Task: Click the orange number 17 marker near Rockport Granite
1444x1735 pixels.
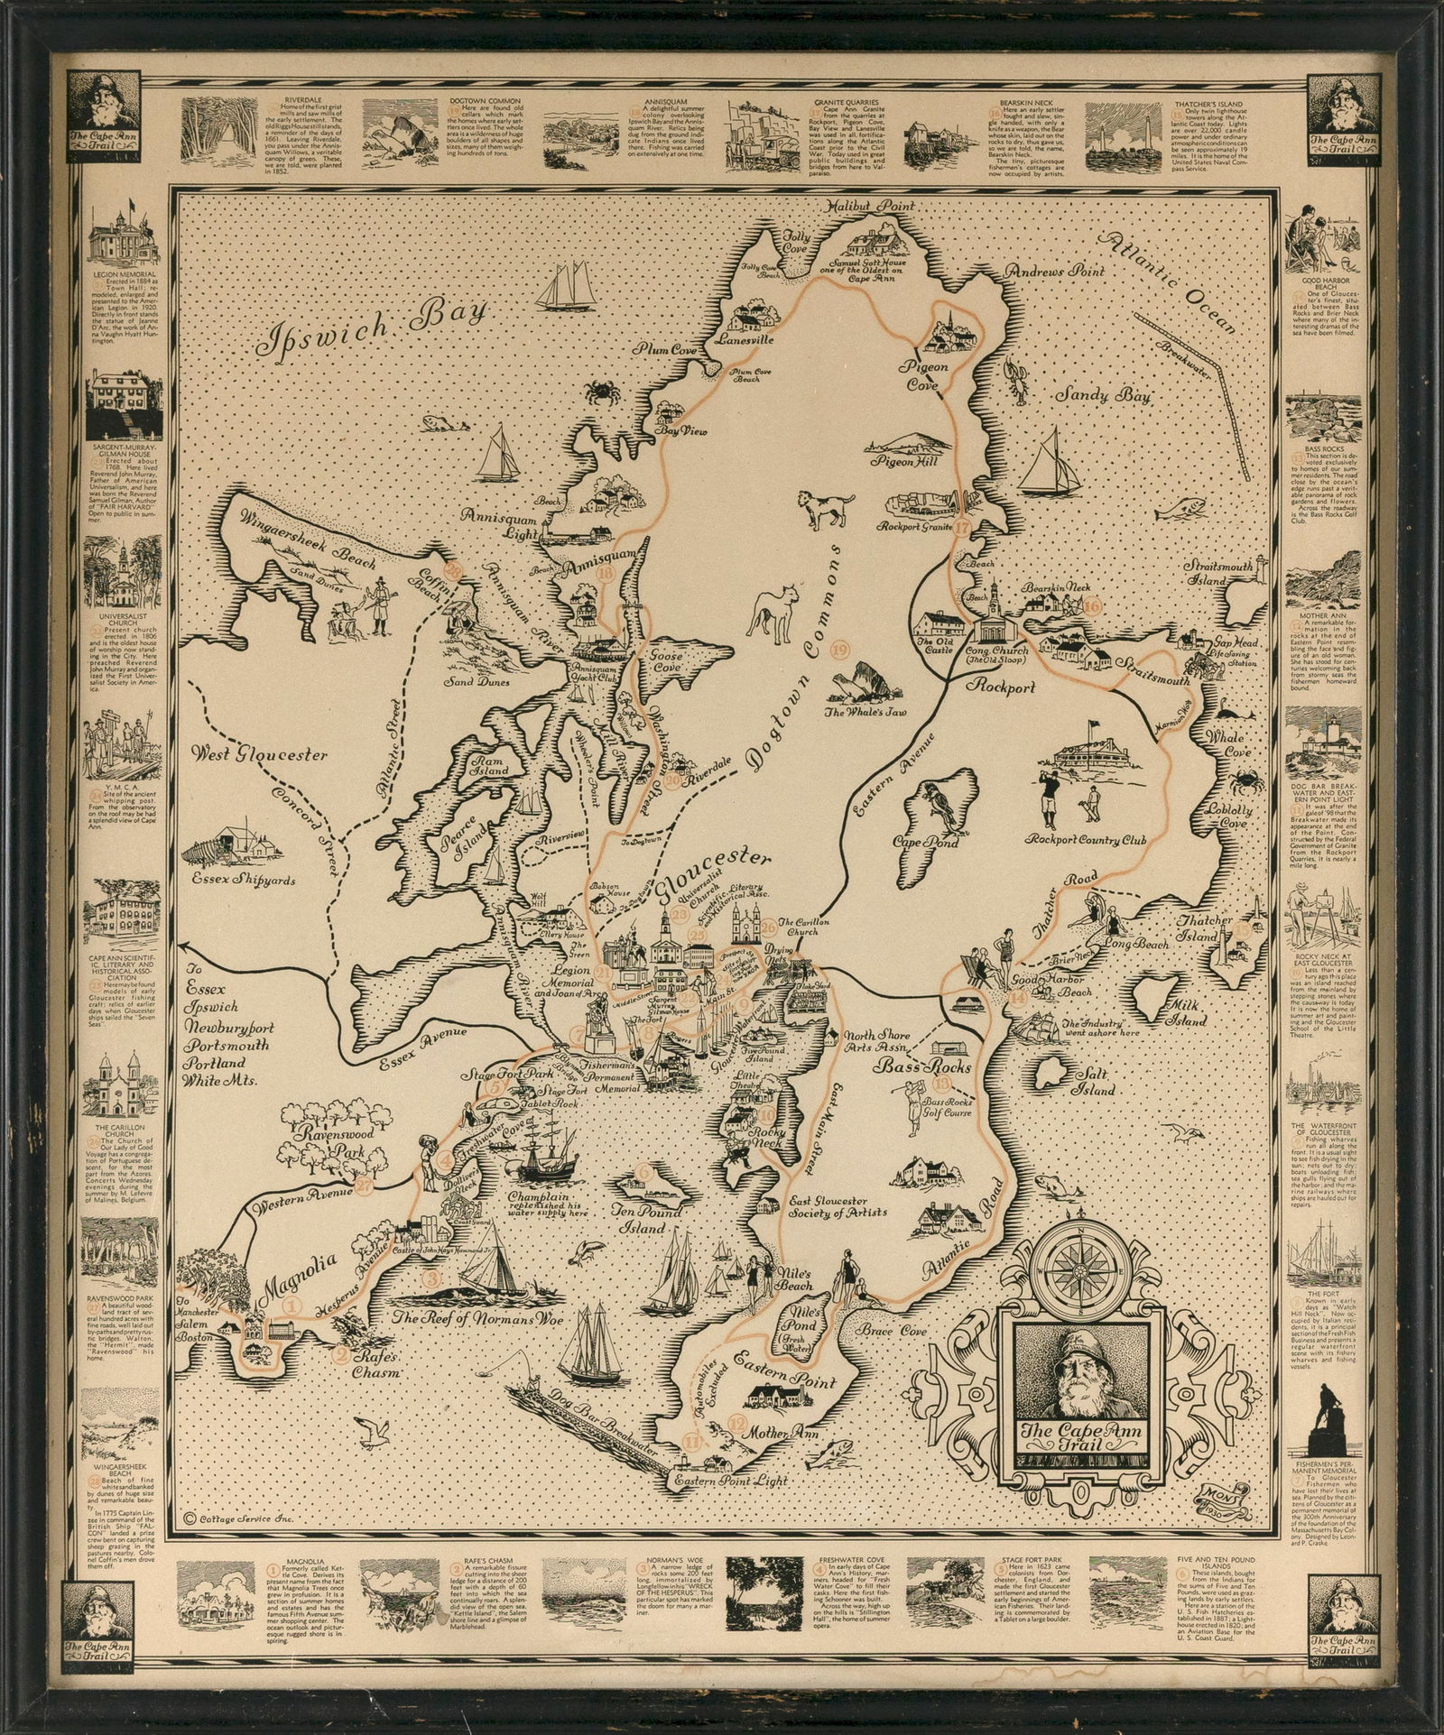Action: coord(963,528)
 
